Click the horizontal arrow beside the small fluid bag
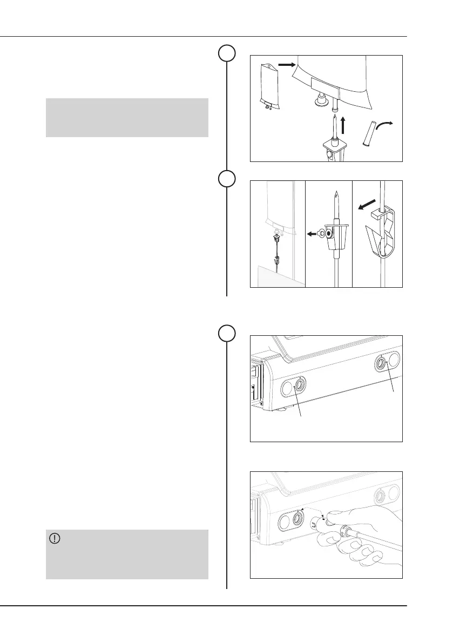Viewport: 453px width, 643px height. point(286,65)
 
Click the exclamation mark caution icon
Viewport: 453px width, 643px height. point(55,538)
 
